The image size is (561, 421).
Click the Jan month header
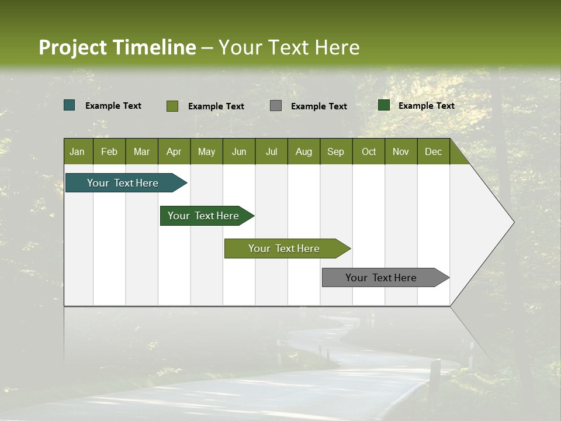pyautogui.click(x=77, y=151)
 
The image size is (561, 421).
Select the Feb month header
pyautogui.click(x=109, y=151)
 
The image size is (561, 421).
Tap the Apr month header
pyautogui.click(x=174, y=151)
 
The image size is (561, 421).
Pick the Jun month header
pyautogui.click(x=239, y=151)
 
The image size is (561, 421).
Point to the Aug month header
pyautogui.click(x=303, y=151)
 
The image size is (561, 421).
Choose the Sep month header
pyautogui.click(x=335, y=151)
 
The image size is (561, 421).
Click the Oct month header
pyautogui.click(x=369, y=151)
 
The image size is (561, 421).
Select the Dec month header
pyautogui.click(x=433, y=151)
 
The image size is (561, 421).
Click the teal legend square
pyautogui.click(x=70, y=105)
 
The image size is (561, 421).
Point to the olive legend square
pyautogui.click(x=172, y=106)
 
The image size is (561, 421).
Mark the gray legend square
pyautogui.click(x=276, y=106)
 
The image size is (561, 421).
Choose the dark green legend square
pyautogui.click(x=384, y=105)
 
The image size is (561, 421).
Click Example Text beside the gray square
pyautogui.click(x=319, y=106)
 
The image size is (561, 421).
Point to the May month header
pyautogui.click(x=206, y=151)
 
